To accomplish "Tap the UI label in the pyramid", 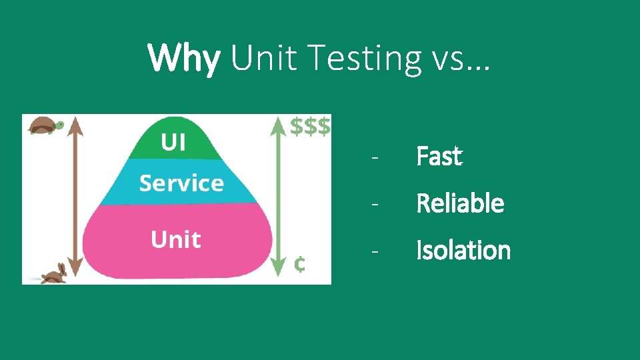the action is (173, 142).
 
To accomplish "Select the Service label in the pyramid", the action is (181, 183).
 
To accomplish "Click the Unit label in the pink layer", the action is (176, 239).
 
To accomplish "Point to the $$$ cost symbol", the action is (311, 127).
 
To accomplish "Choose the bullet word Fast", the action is (439, 157).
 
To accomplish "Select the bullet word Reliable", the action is (460, 203).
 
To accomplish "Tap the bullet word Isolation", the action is (463, 251).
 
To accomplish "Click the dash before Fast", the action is (376, 158).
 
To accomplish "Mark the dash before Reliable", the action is (376, 205).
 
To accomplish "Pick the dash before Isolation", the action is (376, 252).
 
